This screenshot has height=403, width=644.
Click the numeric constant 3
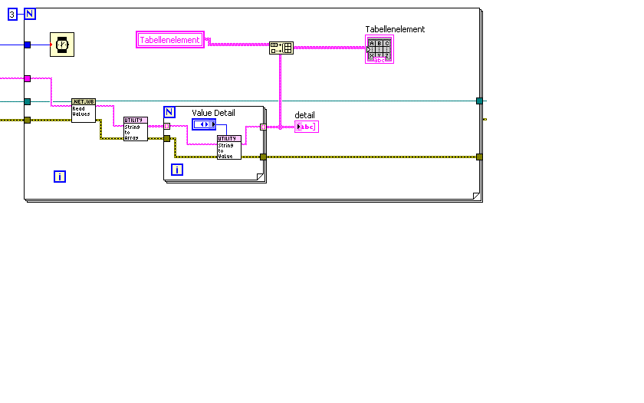tap(12, 14)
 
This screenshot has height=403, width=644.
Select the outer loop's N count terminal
tap(30, 14)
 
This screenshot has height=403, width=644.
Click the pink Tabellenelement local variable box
tap(170, 40)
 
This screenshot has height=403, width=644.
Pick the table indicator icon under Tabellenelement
tap(379, 50)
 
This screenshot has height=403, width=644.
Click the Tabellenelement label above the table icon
tap(395, 29)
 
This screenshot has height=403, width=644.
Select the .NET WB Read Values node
tap(83, 110)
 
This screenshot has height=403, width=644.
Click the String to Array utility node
tap(136, 129)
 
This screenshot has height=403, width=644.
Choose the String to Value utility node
tap(228, 147)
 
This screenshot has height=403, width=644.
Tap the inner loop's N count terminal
tap(169, 112)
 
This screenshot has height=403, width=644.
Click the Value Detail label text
tap(213, 113)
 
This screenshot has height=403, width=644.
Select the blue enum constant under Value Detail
tap(204, 124)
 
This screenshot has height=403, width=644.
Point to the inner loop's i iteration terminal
tap(177, 169)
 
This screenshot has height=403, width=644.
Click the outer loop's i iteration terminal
tap(60, 177)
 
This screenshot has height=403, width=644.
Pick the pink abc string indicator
tap(306, 127)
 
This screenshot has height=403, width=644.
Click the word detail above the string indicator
tap(305, 115)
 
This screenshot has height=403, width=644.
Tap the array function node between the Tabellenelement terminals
tap(281, 48)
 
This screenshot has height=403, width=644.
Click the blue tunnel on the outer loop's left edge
tap(27, 45)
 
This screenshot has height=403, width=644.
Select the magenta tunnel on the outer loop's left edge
tap(27, 78)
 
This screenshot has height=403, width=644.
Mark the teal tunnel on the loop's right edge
tap(479, 101)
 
